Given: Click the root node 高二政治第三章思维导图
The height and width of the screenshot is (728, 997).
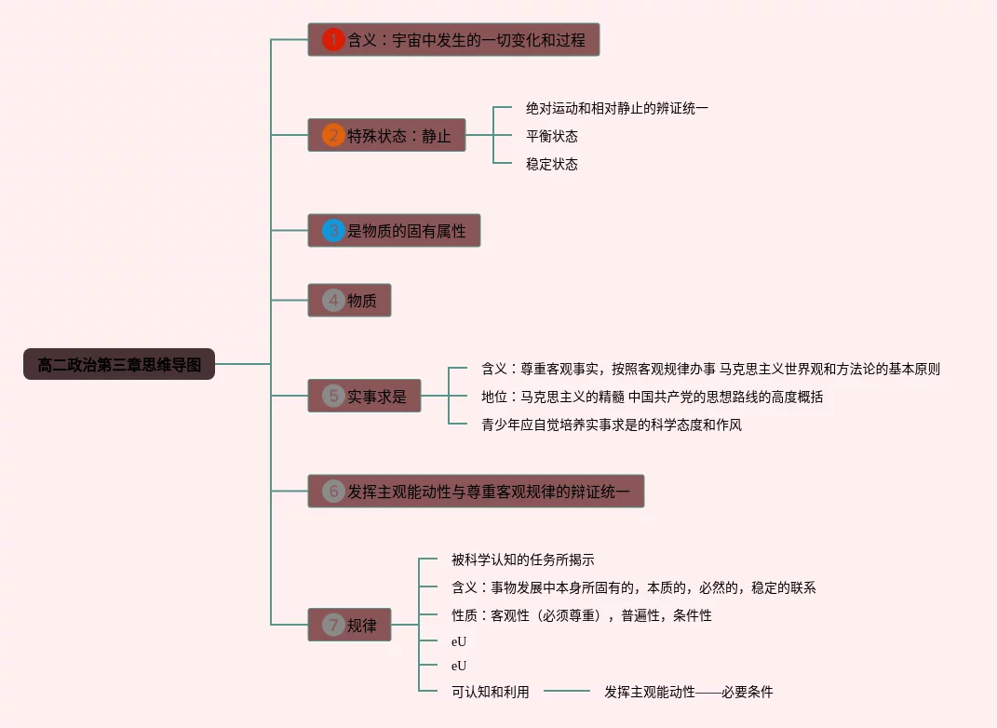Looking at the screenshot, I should point(119,364).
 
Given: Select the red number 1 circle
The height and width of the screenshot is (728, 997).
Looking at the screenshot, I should point(333,40).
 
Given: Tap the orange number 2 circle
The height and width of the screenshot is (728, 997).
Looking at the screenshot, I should point(333,135).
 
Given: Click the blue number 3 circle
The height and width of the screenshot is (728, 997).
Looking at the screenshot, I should point(333,230).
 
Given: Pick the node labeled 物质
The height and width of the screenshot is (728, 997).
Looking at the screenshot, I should point(350,300).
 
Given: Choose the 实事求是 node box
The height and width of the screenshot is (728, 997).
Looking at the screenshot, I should point(365,396).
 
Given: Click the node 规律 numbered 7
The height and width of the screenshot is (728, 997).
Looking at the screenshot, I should point(350,625).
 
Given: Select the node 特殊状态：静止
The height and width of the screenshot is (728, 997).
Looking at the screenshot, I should point(387,135).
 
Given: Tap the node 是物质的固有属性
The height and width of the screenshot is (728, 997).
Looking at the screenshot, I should point(395,230).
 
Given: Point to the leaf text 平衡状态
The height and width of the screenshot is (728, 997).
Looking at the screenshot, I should point(551,136).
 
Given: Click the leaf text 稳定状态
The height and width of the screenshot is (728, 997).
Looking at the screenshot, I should point(551,164).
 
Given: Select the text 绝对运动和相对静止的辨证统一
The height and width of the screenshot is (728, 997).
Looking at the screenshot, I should point(616,108).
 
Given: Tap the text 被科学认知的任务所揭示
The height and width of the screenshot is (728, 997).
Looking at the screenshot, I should point(522,559).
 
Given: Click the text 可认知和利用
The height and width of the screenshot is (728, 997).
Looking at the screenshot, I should point(490,692).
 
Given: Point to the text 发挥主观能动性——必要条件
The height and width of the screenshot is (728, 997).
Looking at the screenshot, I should point(688,692).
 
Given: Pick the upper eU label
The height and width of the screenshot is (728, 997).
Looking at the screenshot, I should point(459,641).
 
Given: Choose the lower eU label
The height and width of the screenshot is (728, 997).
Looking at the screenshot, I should point(459,666).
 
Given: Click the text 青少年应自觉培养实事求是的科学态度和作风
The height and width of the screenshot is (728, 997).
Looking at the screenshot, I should point(611,425).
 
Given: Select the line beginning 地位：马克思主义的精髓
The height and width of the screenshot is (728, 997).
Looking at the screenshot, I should point(652,397).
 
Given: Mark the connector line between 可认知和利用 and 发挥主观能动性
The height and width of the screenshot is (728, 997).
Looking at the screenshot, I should point(567,692).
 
